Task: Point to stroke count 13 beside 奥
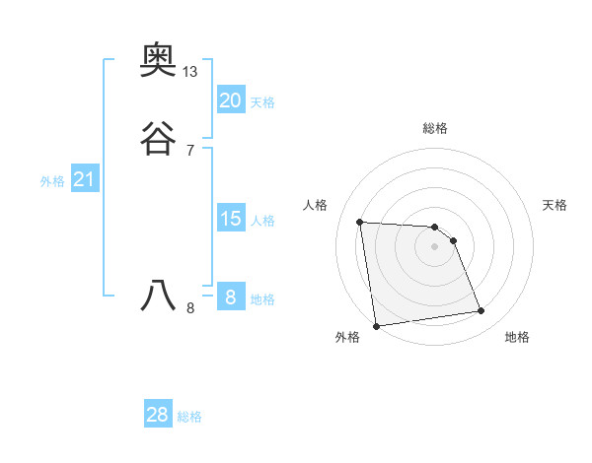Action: [x=190, y=72]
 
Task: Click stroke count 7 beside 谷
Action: [x=189, y=151]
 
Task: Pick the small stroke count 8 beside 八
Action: [x=189, y=308]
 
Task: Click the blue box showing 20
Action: [x=230, y=99]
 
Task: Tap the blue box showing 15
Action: [x=230, y=219]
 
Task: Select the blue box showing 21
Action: [x=84, y=180]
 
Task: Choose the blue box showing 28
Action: [x=158, y=415]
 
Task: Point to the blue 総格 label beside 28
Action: [x=189, y=417]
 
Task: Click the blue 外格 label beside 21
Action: [x=52, y=181]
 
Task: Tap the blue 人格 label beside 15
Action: [x=262, y=221]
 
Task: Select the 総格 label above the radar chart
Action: [x=435, y=128]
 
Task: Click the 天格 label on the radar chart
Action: [x=555, y=205]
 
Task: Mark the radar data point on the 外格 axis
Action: [x=376, y=325]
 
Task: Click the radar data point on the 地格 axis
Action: [x=481, y=311]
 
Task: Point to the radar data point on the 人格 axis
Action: [x=360, y=222]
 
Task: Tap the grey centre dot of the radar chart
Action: [x=435, y=246]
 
